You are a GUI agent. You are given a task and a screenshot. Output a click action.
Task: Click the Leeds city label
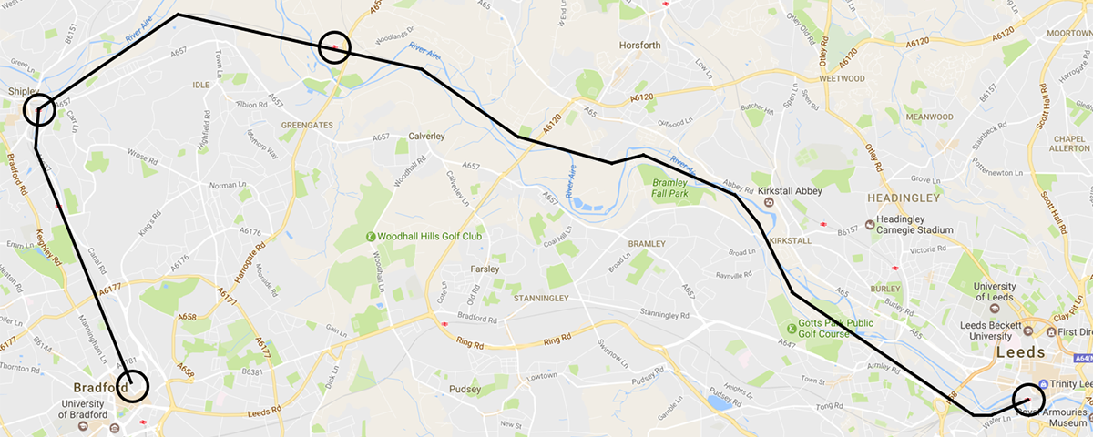pos(1023,352)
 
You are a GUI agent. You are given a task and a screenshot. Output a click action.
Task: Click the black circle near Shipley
pos(39,110)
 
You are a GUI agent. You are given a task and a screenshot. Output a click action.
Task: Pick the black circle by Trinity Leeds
pos(1028,399)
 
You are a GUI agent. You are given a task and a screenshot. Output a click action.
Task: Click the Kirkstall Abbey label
pos(790,191)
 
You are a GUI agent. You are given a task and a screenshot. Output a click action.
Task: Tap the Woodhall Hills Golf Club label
pos(430,237)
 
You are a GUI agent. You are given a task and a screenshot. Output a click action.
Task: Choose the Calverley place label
pos(425,136)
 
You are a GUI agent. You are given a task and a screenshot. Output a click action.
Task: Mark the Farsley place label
pos(485,269)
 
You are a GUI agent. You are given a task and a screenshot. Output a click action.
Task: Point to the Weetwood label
pos(843,78)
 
